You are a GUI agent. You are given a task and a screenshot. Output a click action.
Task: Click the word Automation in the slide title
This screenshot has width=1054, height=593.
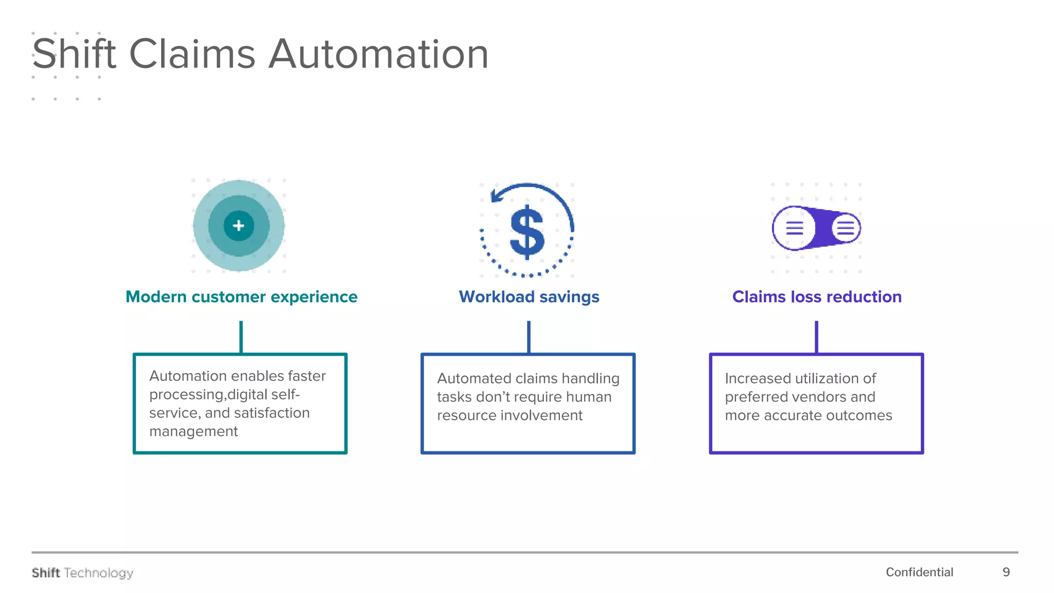point(378,54)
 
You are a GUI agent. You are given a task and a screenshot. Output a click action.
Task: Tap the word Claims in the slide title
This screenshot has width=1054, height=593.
point(192,54)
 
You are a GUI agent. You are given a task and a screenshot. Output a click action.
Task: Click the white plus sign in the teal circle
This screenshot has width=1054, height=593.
point(238,225)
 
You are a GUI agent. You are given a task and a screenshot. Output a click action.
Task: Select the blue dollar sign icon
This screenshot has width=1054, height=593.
point(527,232)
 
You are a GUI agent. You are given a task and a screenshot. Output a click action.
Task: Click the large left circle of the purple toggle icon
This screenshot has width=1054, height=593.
point(794,228)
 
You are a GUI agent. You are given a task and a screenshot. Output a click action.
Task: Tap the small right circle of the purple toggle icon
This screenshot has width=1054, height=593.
point(846,228)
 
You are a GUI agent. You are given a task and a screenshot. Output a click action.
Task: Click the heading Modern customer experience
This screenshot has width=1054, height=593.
point(241,297)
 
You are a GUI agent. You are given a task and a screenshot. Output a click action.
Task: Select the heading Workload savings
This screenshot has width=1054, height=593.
point(529,297)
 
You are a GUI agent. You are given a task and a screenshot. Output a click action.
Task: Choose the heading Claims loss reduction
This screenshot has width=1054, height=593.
point(817,297)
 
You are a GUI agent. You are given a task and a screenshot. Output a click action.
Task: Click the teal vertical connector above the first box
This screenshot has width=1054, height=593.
point(241,337)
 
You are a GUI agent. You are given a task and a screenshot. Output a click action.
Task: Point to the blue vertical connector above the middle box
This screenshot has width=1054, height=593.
point(529,337)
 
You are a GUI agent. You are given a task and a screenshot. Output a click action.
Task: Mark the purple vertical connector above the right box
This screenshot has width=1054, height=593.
point(816,337)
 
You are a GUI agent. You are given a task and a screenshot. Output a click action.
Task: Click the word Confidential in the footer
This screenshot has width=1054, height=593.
point(919,572)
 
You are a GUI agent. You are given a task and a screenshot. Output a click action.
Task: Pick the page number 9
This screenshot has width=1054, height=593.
point(1006,572)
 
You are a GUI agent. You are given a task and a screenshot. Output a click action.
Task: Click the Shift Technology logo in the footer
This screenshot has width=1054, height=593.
point(82,573)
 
